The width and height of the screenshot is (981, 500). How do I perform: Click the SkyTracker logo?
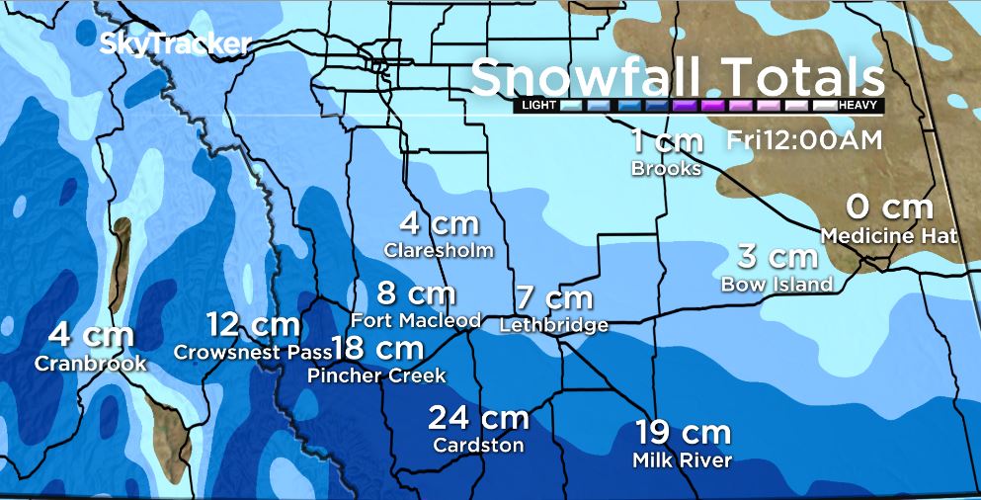pos(175,43)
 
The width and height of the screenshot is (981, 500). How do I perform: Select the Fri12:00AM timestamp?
pos(803,140)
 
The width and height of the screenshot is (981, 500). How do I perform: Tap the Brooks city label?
pos(666,169)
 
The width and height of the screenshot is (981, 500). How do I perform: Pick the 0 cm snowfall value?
pos(890,208)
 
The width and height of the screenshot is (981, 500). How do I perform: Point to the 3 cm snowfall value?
pos(777,257)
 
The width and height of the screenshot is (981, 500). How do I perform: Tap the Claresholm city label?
pos(439,250)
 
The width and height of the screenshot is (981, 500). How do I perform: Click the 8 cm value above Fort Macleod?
pos(416,293)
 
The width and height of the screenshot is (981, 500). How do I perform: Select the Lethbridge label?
pos(554,325)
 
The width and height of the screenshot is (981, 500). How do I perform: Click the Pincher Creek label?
pos(376,375)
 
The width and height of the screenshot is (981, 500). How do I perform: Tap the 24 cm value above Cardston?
pos(478,417)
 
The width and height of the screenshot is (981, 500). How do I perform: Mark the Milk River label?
pos(684,460)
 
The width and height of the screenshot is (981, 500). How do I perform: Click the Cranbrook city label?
pos(90,364)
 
